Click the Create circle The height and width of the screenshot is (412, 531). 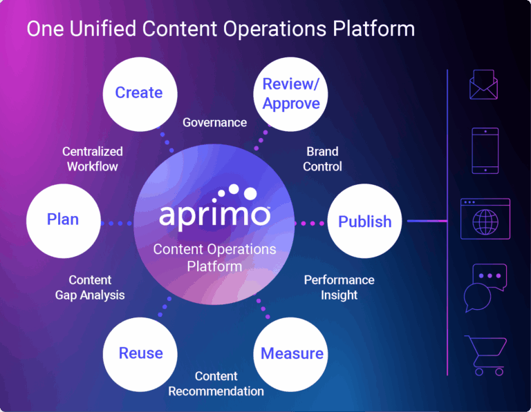pos(138,92)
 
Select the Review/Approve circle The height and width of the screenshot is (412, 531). pos(291,94)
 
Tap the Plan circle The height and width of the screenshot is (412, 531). pos(62,220)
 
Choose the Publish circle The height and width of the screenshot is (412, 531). pos(364,222)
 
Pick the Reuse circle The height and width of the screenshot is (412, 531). pos(140,353)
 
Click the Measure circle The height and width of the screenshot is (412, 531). pos(292,353)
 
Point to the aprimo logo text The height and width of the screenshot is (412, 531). pos(214,214)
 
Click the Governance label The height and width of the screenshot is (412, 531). pos(214,123)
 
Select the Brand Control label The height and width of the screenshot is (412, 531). pos(323,159)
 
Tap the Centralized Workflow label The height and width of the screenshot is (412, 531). pos(92,159)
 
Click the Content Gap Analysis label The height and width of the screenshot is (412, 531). pos(90,287)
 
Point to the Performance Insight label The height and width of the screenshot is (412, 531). pos(339,287)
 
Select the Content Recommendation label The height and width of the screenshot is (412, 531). pos(216,384)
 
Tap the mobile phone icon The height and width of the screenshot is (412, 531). pos(485,150)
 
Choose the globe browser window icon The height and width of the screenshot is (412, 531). pos(485,219)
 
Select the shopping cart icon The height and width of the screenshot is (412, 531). pos(485,355)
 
